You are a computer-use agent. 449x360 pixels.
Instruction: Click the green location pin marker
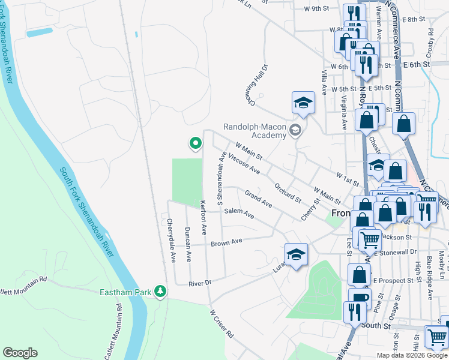point(195,143)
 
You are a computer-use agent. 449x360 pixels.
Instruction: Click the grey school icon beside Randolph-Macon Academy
point(295,130)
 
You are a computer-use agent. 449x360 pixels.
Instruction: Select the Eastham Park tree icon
point(160,291)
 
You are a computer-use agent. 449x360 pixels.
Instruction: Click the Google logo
point(20,353)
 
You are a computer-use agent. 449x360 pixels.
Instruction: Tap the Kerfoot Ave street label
point(203,217)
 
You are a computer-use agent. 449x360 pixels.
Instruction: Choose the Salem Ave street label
point(239,213)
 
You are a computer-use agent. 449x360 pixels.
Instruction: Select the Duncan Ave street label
point(188,244)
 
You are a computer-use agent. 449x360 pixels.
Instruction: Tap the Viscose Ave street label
point(244,162)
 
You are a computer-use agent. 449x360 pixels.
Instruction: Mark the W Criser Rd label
point(221,323)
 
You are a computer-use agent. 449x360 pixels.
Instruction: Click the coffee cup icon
point(360,298)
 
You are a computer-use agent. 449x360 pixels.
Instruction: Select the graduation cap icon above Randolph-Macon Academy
point(304,102)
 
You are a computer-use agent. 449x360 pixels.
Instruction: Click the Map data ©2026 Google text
point(412,355)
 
